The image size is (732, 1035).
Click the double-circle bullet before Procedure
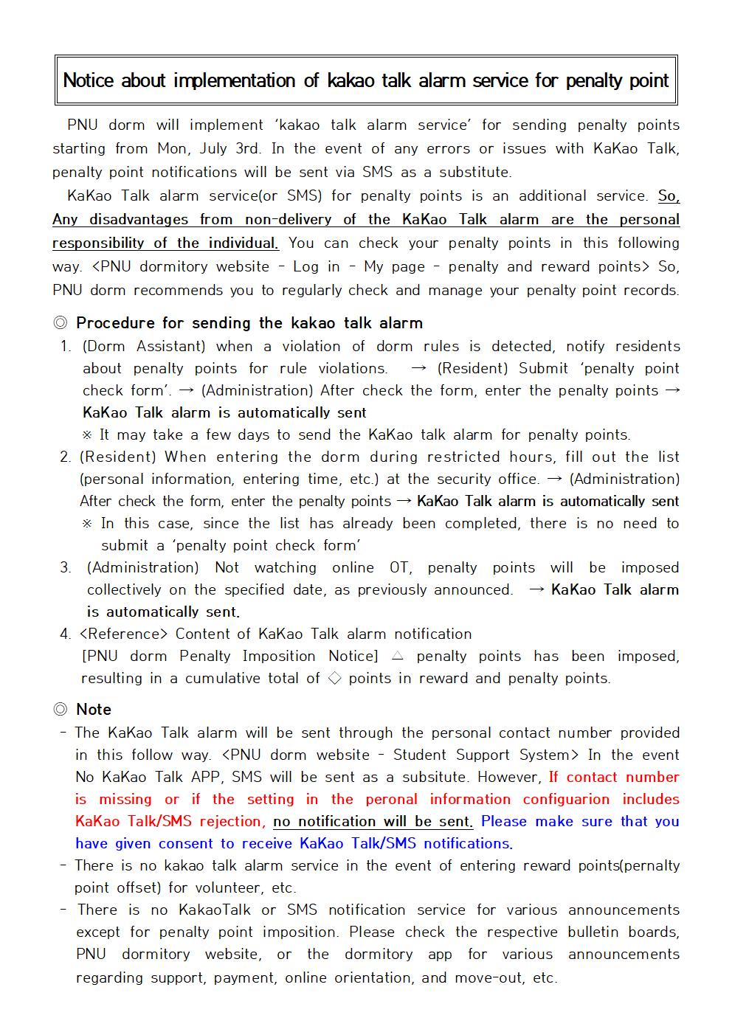tap(61, 323)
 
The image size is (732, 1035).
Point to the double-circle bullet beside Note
tap(61, 710)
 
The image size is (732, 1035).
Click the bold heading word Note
tap(94, 710)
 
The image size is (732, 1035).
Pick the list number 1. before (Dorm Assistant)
tap(66, 346)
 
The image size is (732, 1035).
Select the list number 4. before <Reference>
tap(66, 634)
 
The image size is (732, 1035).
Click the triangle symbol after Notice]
tap(397, 656)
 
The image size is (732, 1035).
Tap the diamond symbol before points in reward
tap(334, 678)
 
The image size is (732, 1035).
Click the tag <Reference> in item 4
tap(123, 634)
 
